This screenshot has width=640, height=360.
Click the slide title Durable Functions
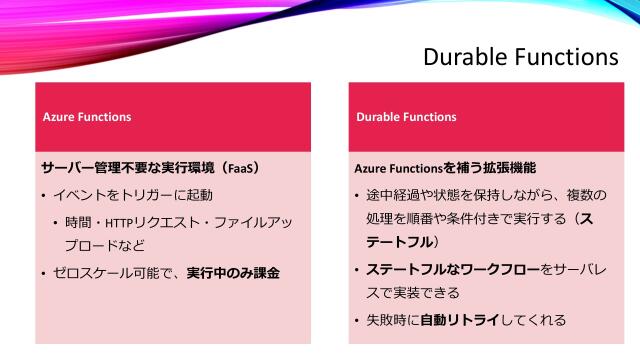click(520, 57)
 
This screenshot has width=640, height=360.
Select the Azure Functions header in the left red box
click(86, 117)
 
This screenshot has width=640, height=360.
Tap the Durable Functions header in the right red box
click(406, 117)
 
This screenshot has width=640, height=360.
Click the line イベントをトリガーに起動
click(133, 194)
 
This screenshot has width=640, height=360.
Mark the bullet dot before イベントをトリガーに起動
click(44, 195)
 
